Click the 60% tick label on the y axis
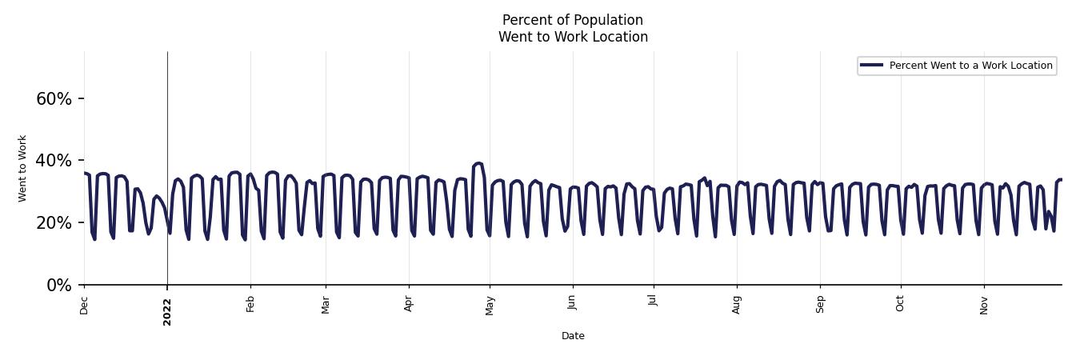(x=54, y=99)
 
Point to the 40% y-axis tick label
(x=54, y=161)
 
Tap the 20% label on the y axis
(x=54, y=223)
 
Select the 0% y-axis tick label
(x=59, y=286)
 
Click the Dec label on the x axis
(x=84, y=305)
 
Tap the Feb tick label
(x=250, y=304)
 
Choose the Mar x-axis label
(x=326, y=305)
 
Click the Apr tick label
(x=409, y=304)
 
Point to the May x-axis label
(x=490, y=306)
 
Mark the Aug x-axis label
(x=737, y=305)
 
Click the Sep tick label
(x=819, y=305)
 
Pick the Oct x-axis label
(x=900, y=304)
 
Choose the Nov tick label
(x=984, y=305)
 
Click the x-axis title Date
(x=573, y=336)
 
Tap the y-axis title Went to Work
(x=22, y=168)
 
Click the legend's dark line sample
(x=872, y=66)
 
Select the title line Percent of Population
(x=573, y=20)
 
